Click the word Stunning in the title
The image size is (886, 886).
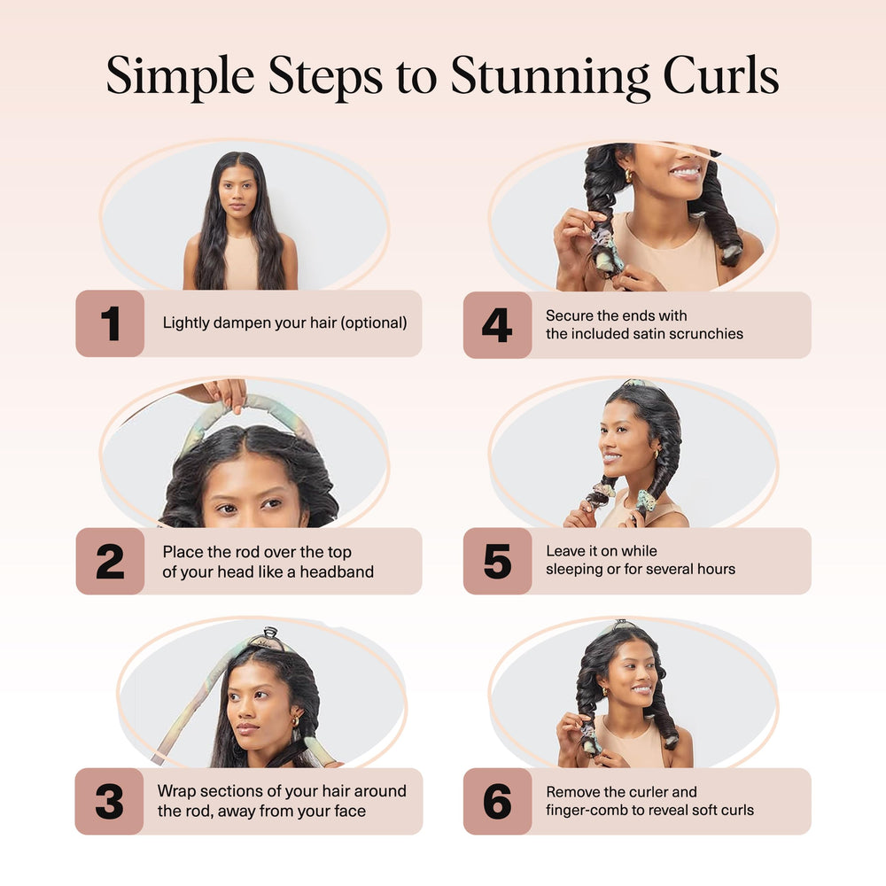point(550,77)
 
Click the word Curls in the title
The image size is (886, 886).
point(721,74)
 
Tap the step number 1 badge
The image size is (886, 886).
point(110,323)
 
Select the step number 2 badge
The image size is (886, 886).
point(110,561)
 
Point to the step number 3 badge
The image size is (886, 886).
point(109,801)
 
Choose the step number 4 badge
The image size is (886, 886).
point(497,325)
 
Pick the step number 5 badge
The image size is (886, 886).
point(497,561)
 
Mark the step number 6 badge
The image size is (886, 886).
point(497,801)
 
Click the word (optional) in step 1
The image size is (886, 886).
point(374,323)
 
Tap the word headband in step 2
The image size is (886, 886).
point(337,571)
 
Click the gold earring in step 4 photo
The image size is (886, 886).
point(628,175)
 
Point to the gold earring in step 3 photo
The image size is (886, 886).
point(295,721)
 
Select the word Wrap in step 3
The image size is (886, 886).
point(176,791)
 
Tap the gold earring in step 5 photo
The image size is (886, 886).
point(657,454)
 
